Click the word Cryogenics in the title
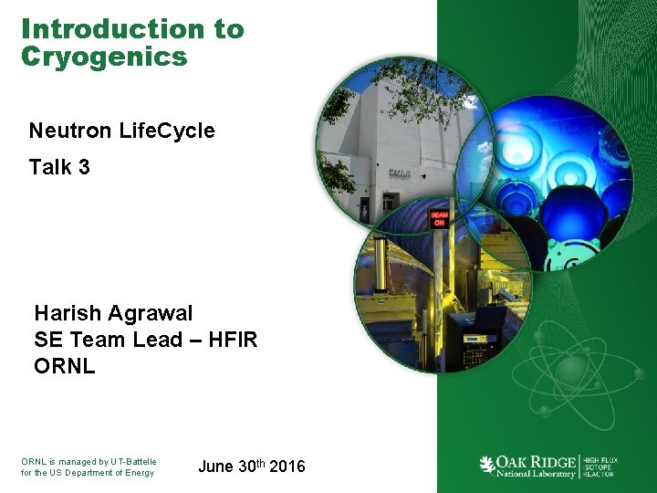click(104, 58)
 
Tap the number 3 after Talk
click(83, 167)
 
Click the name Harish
click(68, 314)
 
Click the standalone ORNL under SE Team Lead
click(65, 367)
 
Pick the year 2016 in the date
click(287, 467)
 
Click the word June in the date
click(215, 467)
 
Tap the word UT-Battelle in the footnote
click(133, 462)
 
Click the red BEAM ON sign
click(438, 218)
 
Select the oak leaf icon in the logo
click(487, 465)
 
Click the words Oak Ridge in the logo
click(537, 460)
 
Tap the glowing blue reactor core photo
click(552, 192)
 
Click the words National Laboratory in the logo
click(537, 473)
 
